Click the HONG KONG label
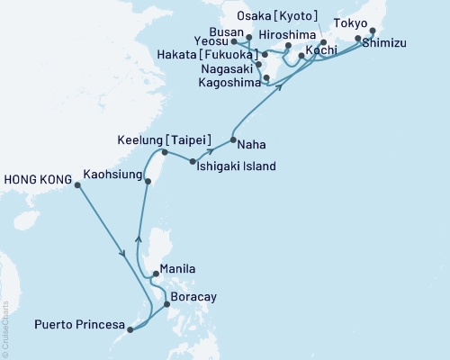click(x=37, y=180)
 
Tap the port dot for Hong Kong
click(x=77, y=185)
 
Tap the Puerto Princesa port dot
click(x=130, y=329)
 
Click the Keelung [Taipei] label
click(x=165, y=140)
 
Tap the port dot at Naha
click(x=233, y=139)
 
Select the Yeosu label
click(x=209, y=41)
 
